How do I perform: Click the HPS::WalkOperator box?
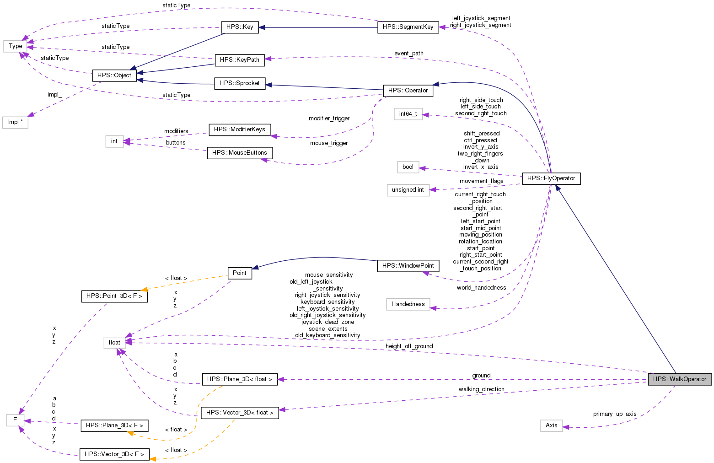point(680,379)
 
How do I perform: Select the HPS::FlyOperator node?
point(551,178)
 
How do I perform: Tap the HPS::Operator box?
point(408,91)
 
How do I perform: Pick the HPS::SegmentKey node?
point(408,27)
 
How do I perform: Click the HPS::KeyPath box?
point(240,60)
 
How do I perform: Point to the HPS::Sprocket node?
point(240,83)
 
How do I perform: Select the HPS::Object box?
point(114,75)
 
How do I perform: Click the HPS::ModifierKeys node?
point(240,129)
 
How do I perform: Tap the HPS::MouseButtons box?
point(240,153)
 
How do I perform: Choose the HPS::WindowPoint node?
point(408,266)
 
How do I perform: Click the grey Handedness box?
point(408,304)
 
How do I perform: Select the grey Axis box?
point(552,425)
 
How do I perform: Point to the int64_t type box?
point(408,114)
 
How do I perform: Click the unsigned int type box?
point(408,190)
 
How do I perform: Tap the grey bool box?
point(408,167)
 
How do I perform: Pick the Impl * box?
point(15,122)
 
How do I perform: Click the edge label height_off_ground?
point(409,346)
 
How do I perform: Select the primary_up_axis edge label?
point(615,414)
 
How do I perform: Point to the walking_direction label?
point(482,389)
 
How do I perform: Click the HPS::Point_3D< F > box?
point(114,296)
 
